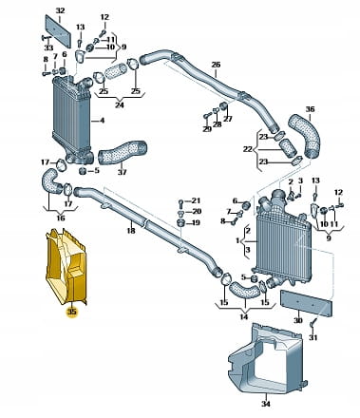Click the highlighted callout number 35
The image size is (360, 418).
click(71, 312)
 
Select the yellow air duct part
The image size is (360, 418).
click(66, 267)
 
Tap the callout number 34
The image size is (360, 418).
click(266, 404)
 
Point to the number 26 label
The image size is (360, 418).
click(216, 65)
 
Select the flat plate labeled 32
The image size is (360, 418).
click(58, 30)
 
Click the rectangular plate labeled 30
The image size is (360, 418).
click(306, 303)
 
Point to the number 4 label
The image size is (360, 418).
click(102, 121)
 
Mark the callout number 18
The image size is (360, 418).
click(131, 231)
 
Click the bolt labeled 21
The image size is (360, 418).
click(180, 202)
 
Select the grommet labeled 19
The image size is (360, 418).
click(180, 221)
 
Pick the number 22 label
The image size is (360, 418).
click(248, 149)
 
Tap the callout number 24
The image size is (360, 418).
click(120, 104)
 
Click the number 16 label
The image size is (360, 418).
click(61, 218)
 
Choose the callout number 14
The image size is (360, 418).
click(244, 316)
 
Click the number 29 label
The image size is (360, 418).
click(207, 129)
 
